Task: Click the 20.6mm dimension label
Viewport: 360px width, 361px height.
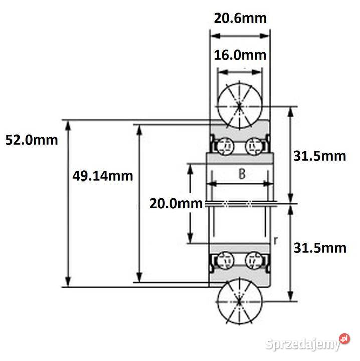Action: (240, 19)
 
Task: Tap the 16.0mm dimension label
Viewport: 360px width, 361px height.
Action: (240, 55)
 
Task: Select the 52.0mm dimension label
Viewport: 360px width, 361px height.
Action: (31, 140)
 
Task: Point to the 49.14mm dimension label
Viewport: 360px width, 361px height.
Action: (103, 176)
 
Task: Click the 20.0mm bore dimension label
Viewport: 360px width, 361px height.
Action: (176, 203)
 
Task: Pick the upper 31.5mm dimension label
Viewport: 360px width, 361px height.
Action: (320, 156)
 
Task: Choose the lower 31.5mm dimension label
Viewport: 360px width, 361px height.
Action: (320, 248)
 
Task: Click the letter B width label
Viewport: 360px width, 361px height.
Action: (241, 174)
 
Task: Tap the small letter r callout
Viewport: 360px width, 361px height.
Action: (276, 240)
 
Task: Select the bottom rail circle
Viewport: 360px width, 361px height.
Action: (239, 302)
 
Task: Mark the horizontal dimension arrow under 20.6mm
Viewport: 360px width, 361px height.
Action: (240, 36)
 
